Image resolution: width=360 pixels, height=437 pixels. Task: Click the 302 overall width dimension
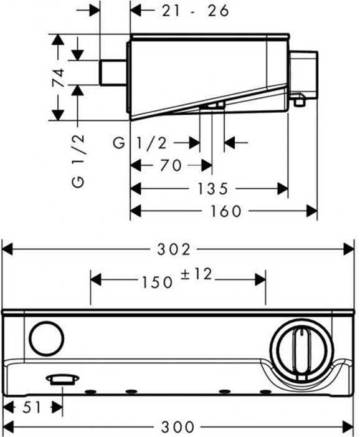point(174,249)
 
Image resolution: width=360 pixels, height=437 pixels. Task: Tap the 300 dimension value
point(178,426)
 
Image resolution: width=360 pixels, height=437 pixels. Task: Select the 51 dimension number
point(32,408)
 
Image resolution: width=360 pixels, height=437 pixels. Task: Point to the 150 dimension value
point(158,282)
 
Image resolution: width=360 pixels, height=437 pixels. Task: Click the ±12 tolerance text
point(196,274)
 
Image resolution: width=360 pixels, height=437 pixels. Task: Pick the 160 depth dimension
point(225,211)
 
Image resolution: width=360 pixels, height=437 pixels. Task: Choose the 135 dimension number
point(213,189)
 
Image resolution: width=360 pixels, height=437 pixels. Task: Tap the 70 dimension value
point(171,165)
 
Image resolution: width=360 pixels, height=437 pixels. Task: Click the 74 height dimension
point(59,78)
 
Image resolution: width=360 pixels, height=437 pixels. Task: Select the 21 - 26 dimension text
point(195,11)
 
